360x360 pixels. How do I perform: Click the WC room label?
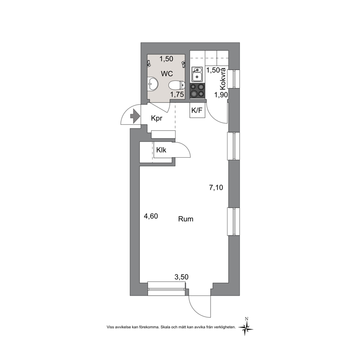[167, 74]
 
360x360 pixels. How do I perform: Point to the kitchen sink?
[197, 74]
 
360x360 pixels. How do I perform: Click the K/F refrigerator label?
[197, 110]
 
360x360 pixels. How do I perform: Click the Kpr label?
[156, 118]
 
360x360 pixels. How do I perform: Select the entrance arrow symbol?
[135, 116]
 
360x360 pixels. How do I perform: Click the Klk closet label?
[161, 150]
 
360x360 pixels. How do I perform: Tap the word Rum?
[186, 219]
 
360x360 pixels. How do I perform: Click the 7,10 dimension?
[216, 188]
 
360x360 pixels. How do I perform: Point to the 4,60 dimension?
[151, 216]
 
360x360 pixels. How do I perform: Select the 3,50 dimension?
[181, 277]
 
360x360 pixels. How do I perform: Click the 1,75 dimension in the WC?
[177, 94]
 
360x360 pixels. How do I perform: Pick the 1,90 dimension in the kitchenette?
[221, 94]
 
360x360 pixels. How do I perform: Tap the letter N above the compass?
[246, 318]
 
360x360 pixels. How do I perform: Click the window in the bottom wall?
[167, 289]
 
